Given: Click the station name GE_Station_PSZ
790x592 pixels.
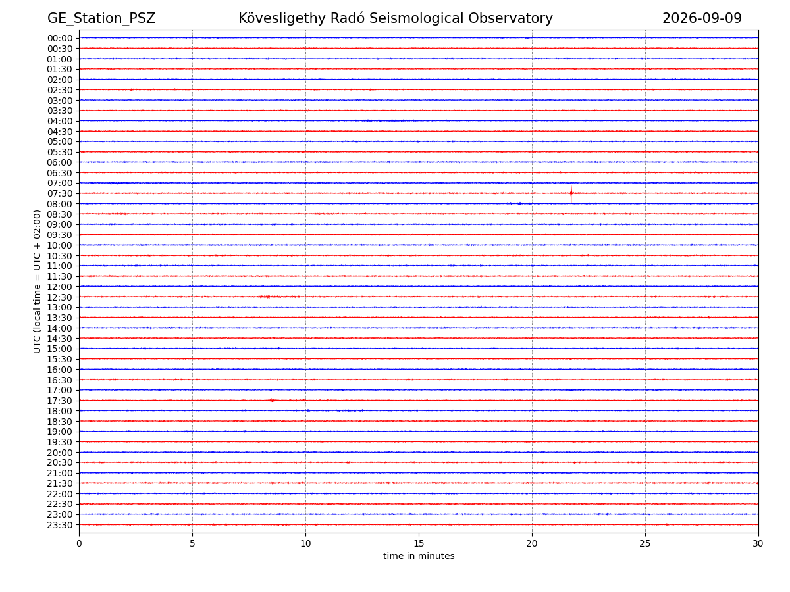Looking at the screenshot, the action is coord(101,18).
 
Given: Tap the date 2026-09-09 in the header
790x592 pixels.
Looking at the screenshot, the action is coord(702,18).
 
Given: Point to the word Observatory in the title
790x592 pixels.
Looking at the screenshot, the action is coord(510,18).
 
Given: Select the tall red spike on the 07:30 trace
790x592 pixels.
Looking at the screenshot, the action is coord(571,194).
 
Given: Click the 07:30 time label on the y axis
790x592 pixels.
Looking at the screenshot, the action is coord(60,194).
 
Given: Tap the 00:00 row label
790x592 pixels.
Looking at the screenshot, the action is coord(60,38).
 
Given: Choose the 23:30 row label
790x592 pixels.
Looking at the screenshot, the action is coord(60,525).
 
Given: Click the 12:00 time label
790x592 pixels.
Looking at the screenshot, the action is coord(60,287).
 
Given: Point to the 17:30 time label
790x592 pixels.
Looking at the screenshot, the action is coord(60,401).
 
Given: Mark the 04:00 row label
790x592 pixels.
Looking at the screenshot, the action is coord(60,121).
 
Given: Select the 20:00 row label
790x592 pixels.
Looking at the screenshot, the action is coord(60,453).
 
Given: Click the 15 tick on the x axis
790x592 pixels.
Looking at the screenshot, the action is coord(419,543).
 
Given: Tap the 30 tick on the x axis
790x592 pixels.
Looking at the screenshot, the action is coord(758,543).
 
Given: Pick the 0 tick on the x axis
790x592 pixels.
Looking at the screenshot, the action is coord(79,543).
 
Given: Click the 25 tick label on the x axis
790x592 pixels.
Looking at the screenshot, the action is coord(645,543).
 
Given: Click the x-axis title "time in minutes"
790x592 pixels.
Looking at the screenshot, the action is coord(419,556).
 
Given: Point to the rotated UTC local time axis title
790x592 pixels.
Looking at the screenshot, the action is coord(37,282).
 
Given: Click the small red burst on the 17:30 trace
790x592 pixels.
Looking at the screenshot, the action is coord(272,400).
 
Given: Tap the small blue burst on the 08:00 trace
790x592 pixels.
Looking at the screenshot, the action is coord(519,204).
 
